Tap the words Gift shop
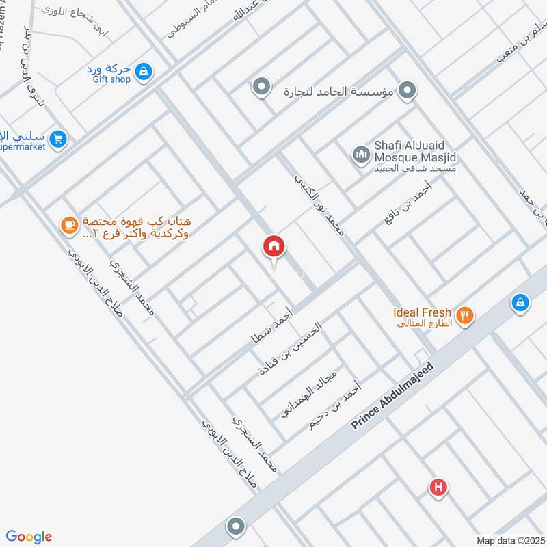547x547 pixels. click(111, 79)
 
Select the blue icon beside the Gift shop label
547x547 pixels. click(143, 70)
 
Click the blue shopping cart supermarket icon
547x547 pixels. click(57, 139)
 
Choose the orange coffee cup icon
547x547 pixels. click(68, 224)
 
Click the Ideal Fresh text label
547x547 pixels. click(421, 313)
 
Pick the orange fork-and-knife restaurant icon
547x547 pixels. click(466, 315)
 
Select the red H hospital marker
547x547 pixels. click(438, 488)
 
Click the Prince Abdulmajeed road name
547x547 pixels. click(392, 395)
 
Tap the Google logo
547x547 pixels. click(29, 537)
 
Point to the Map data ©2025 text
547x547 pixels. click(509, 540)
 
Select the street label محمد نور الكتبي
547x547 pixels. click(319, 205)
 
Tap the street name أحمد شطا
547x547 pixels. click(272, 325)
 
